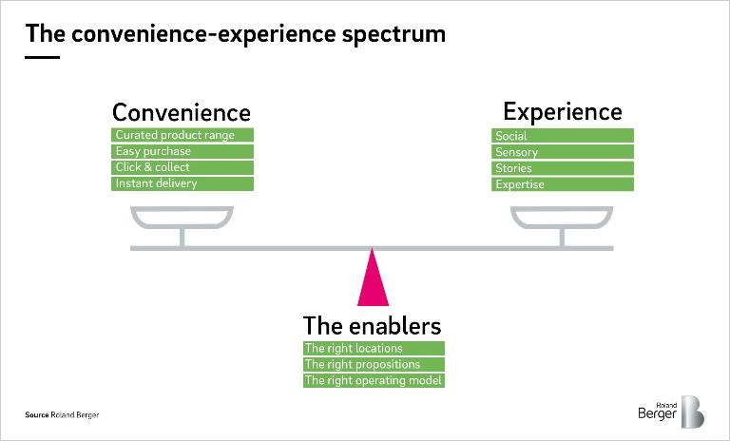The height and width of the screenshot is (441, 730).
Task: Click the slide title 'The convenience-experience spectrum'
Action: (x=235, y=35)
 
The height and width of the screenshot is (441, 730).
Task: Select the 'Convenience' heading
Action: (x=182, y=113)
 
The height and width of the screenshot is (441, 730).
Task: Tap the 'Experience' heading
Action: (x=562, y=112)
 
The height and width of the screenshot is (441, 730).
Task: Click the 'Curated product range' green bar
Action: (x=182, y=135)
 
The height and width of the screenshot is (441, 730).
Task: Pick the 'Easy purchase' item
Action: (x=182, y=151)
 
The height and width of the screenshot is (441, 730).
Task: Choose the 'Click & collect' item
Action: (x=182, y=167)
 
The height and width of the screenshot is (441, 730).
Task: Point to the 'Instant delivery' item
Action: (x=182, y=183)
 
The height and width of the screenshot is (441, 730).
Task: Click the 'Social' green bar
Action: (x=563, y=136)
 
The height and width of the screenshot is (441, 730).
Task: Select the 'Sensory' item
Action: (x=563, y=152)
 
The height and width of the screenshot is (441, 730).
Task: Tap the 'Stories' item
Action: (x=563, y=168)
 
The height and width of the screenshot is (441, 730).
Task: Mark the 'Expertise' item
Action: (x=563, y=184)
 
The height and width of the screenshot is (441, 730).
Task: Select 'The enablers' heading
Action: (x=372, y=326)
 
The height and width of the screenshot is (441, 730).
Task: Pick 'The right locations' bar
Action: (x=374, y=349)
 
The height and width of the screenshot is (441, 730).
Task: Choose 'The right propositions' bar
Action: (x=374, y=364)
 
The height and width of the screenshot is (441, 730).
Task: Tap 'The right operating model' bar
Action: (x=374, y=380)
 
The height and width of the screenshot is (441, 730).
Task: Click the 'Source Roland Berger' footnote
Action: (x=62, y=415)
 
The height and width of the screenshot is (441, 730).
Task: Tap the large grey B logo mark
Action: (x=691, y=412)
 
